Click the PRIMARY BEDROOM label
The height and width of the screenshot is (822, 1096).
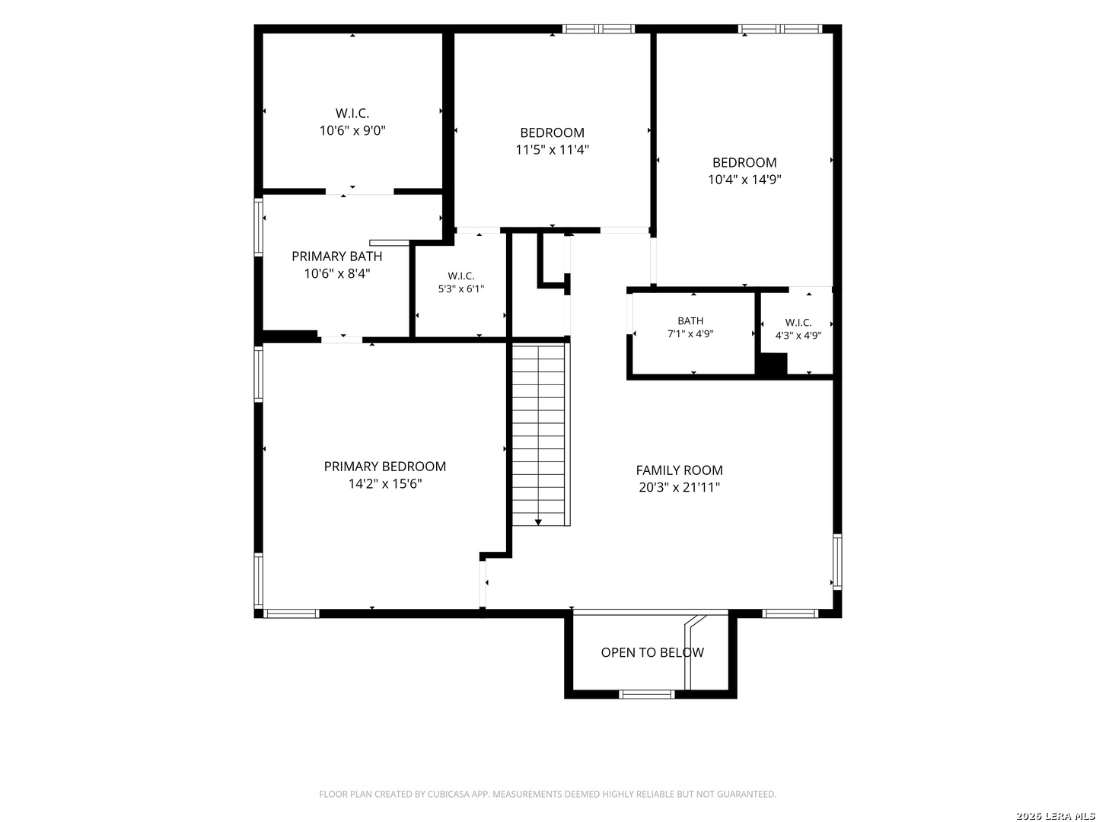pos(384,466)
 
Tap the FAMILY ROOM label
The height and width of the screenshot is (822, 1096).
pos(679,470)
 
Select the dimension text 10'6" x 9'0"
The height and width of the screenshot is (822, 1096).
pos(352,131)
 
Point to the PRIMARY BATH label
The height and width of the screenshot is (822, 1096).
pos(337,256)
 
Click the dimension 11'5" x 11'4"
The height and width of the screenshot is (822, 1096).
pos(553,150)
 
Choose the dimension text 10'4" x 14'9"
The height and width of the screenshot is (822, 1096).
pos(744,180)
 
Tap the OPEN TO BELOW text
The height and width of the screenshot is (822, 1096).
pos(652,652)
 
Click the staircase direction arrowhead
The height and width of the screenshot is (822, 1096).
pos(538,522)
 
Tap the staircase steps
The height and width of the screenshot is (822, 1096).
pos(538,434)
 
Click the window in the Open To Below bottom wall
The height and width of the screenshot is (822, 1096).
pos(647,693)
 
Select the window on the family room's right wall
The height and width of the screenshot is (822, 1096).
pos(837,562)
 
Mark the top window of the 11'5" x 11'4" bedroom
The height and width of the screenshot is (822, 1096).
pos(599,29)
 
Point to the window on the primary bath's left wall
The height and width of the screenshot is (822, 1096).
pos(259,228)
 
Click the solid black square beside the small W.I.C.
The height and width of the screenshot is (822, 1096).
pos(773,364)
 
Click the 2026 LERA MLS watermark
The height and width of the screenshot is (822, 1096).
pos(1055,816)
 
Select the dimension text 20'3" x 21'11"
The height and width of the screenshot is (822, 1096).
pos(679,487)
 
